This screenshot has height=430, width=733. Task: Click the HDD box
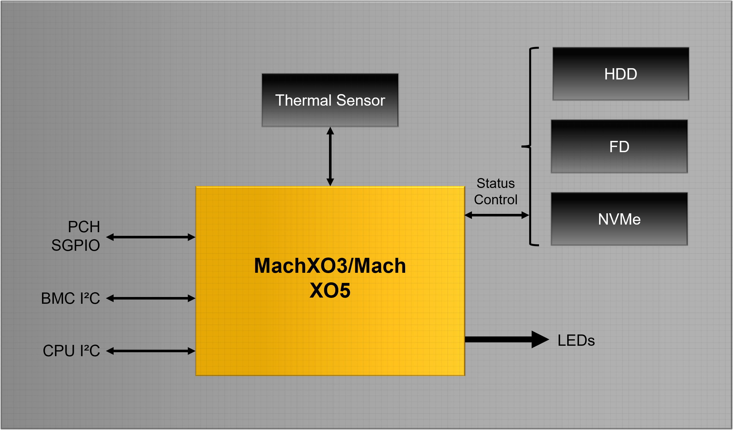coord(621,74)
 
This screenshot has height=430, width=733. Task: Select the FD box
coord(619,147)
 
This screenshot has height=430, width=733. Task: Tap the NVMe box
coord(619,219)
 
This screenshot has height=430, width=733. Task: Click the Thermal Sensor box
coord(330,100)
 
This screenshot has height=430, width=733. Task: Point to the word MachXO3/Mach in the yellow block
coord(330,266)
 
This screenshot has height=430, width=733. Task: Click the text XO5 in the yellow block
coord(330,291)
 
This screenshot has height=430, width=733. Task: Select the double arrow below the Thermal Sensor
coord(330,156)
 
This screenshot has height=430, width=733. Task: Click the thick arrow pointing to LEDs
coord(506,339)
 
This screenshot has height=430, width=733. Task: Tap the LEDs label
coord(576,340)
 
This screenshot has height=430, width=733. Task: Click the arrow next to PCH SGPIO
coord(151,237)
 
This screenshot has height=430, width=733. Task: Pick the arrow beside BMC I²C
coord(151,298)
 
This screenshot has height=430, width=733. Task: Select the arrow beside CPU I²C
coord(151,351)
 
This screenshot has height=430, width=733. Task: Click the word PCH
coord(84,227)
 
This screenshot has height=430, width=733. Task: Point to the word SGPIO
coord(76,245)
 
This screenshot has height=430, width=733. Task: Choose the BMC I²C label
coord(71,298)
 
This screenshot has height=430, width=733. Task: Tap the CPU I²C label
coord(72,351)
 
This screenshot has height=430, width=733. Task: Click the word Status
coord(496,183)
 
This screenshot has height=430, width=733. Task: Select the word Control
coord(496,200)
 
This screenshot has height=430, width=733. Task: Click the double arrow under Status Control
coord(496,215)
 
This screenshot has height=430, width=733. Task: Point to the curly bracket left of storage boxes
coord(530,147)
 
